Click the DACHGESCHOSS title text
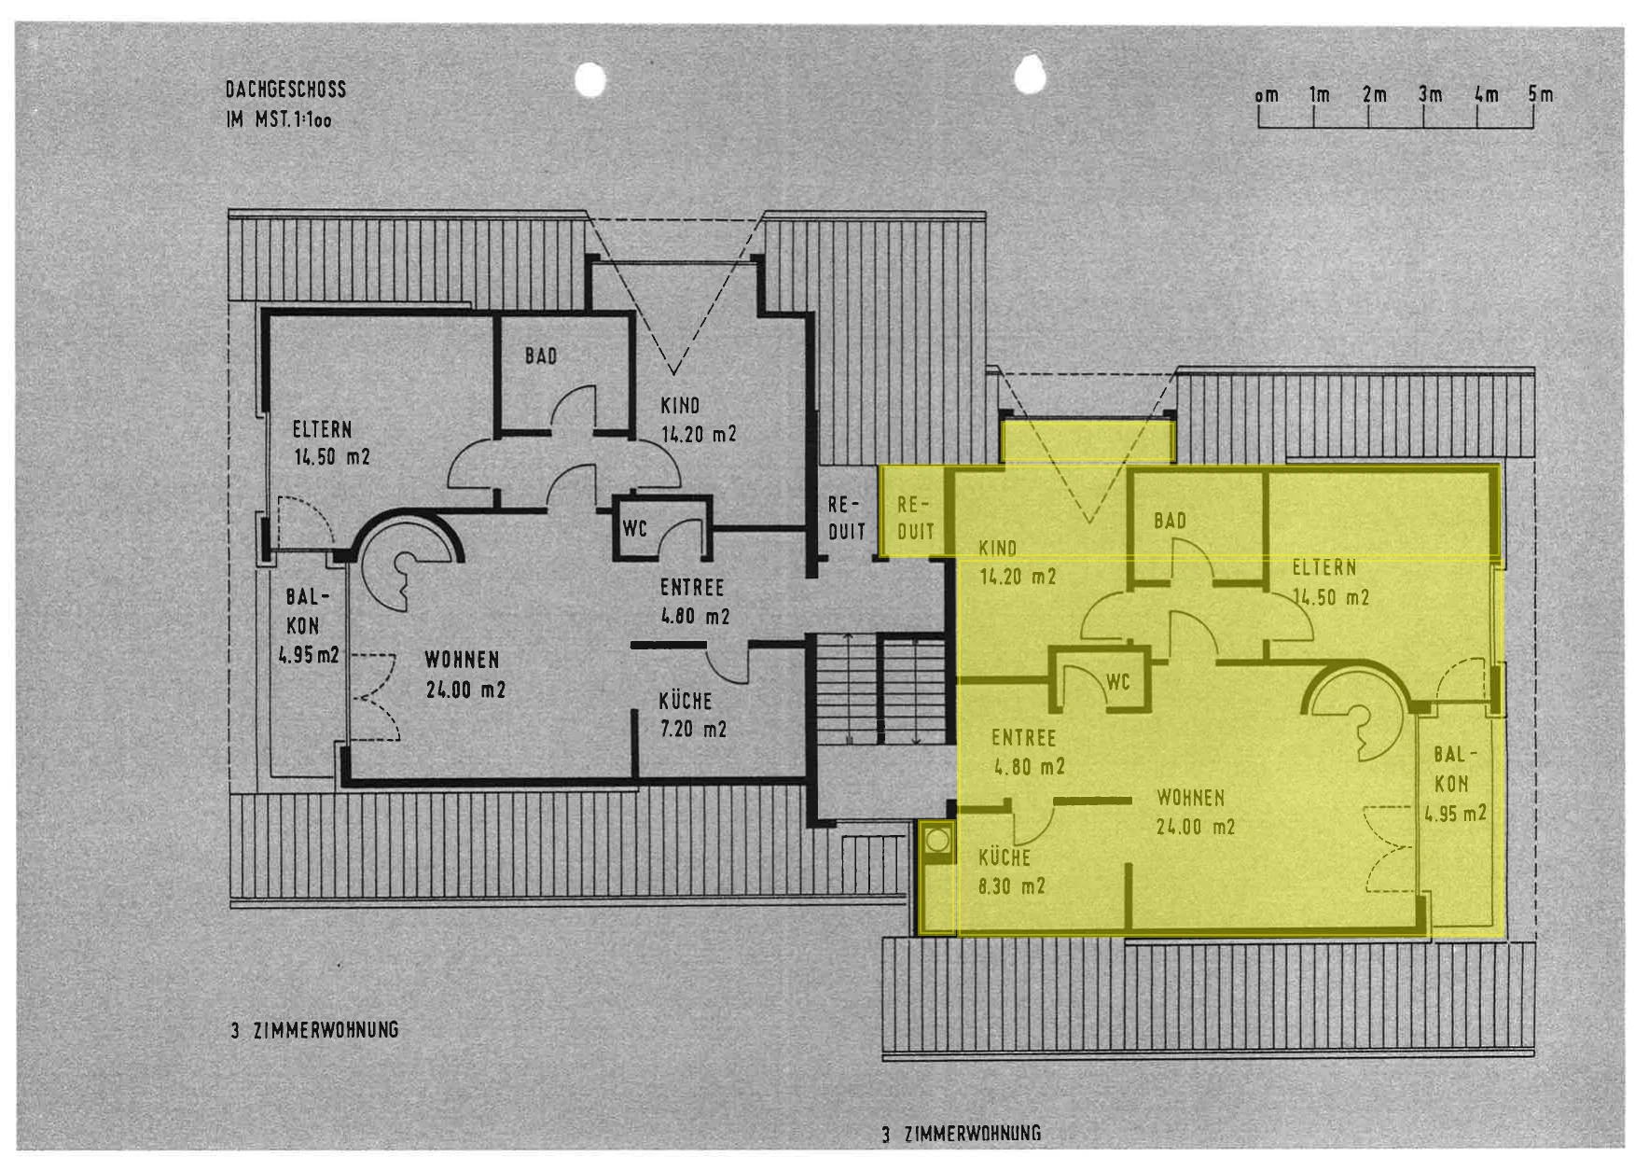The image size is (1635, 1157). pos(285,90)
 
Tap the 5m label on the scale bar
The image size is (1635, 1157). pos(1541,94)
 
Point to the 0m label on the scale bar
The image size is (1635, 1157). pos(1267,95)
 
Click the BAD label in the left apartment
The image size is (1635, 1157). pos(541,355)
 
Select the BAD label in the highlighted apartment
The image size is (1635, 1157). pos(1170,521)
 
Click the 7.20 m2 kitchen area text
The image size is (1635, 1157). pos(693,729)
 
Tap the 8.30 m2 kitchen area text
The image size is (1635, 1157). pos(1011,885)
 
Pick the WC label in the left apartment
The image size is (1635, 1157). pos(634,529)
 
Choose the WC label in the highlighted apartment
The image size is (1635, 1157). pos(1117,682)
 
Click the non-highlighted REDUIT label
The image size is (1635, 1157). pos(847,518)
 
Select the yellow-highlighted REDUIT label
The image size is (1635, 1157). pos(915,518)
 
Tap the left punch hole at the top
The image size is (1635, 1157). pos(590,79)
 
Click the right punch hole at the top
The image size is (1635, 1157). pos(1029,76)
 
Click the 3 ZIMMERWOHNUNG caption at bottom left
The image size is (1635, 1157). pos(315,1030)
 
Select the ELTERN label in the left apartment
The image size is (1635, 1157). pos(322,429)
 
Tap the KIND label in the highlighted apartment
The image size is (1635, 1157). pos(997,548)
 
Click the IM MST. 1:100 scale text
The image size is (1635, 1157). pos(279,119)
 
